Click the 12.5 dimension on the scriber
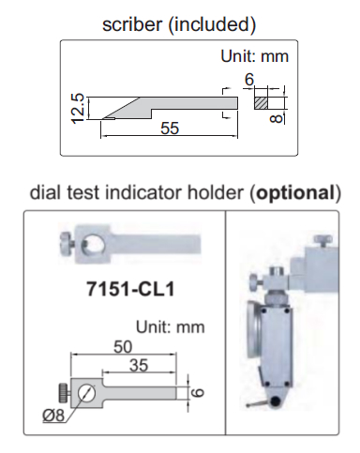point(77,108)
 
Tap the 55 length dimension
point(170,128)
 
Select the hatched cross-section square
point(261,103)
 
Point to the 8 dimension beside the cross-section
point(276,119)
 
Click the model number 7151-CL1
point(130,289)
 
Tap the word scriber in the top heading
point(132,24)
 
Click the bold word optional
point(295,192)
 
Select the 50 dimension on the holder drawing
point(123,347)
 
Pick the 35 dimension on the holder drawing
point(139,365)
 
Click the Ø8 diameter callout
point(53,415)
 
